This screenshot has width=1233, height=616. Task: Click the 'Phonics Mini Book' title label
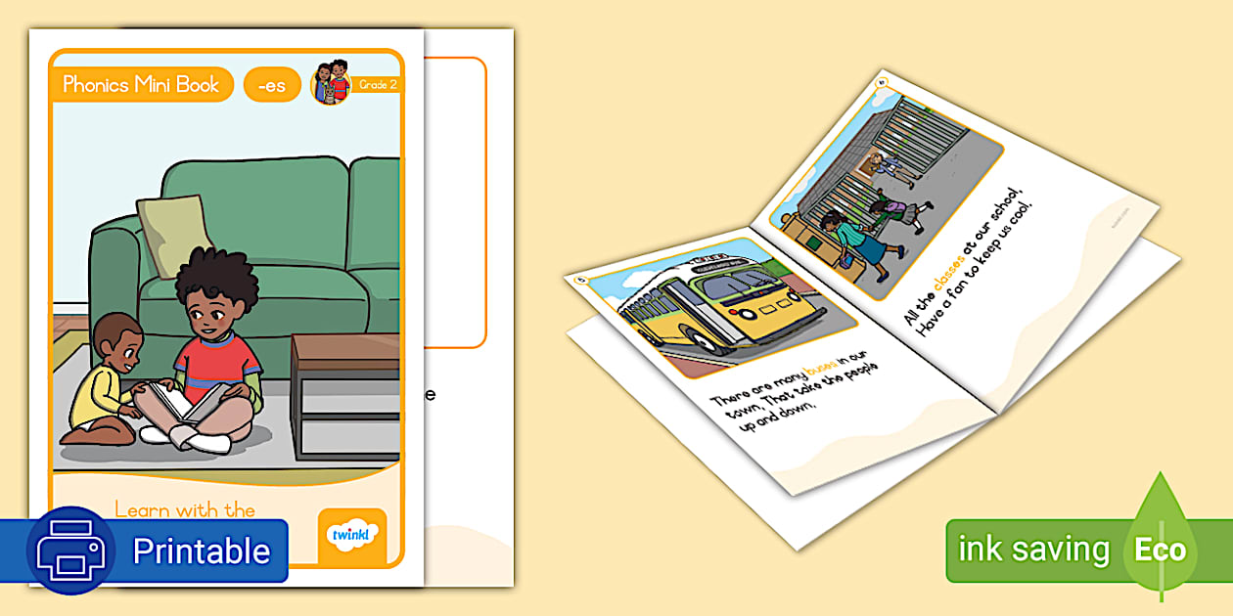[141, 85]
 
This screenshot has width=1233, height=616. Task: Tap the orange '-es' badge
[271, 86]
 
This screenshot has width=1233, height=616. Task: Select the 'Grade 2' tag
[377, 85]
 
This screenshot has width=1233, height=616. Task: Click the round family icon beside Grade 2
[330, 82]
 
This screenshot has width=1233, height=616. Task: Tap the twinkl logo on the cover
[352, 535]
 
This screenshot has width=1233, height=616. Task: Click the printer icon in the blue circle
[70, 550]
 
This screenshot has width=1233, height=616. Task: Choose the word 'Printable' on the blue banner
[201, 551]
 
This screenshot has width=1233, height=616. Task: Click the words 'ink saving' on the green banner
[1033, 550]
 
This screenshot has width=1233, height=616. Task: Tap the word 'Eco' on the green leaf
[1160, 550]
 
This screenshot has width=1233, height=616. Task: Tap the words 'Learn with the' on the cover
[185, 509]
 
